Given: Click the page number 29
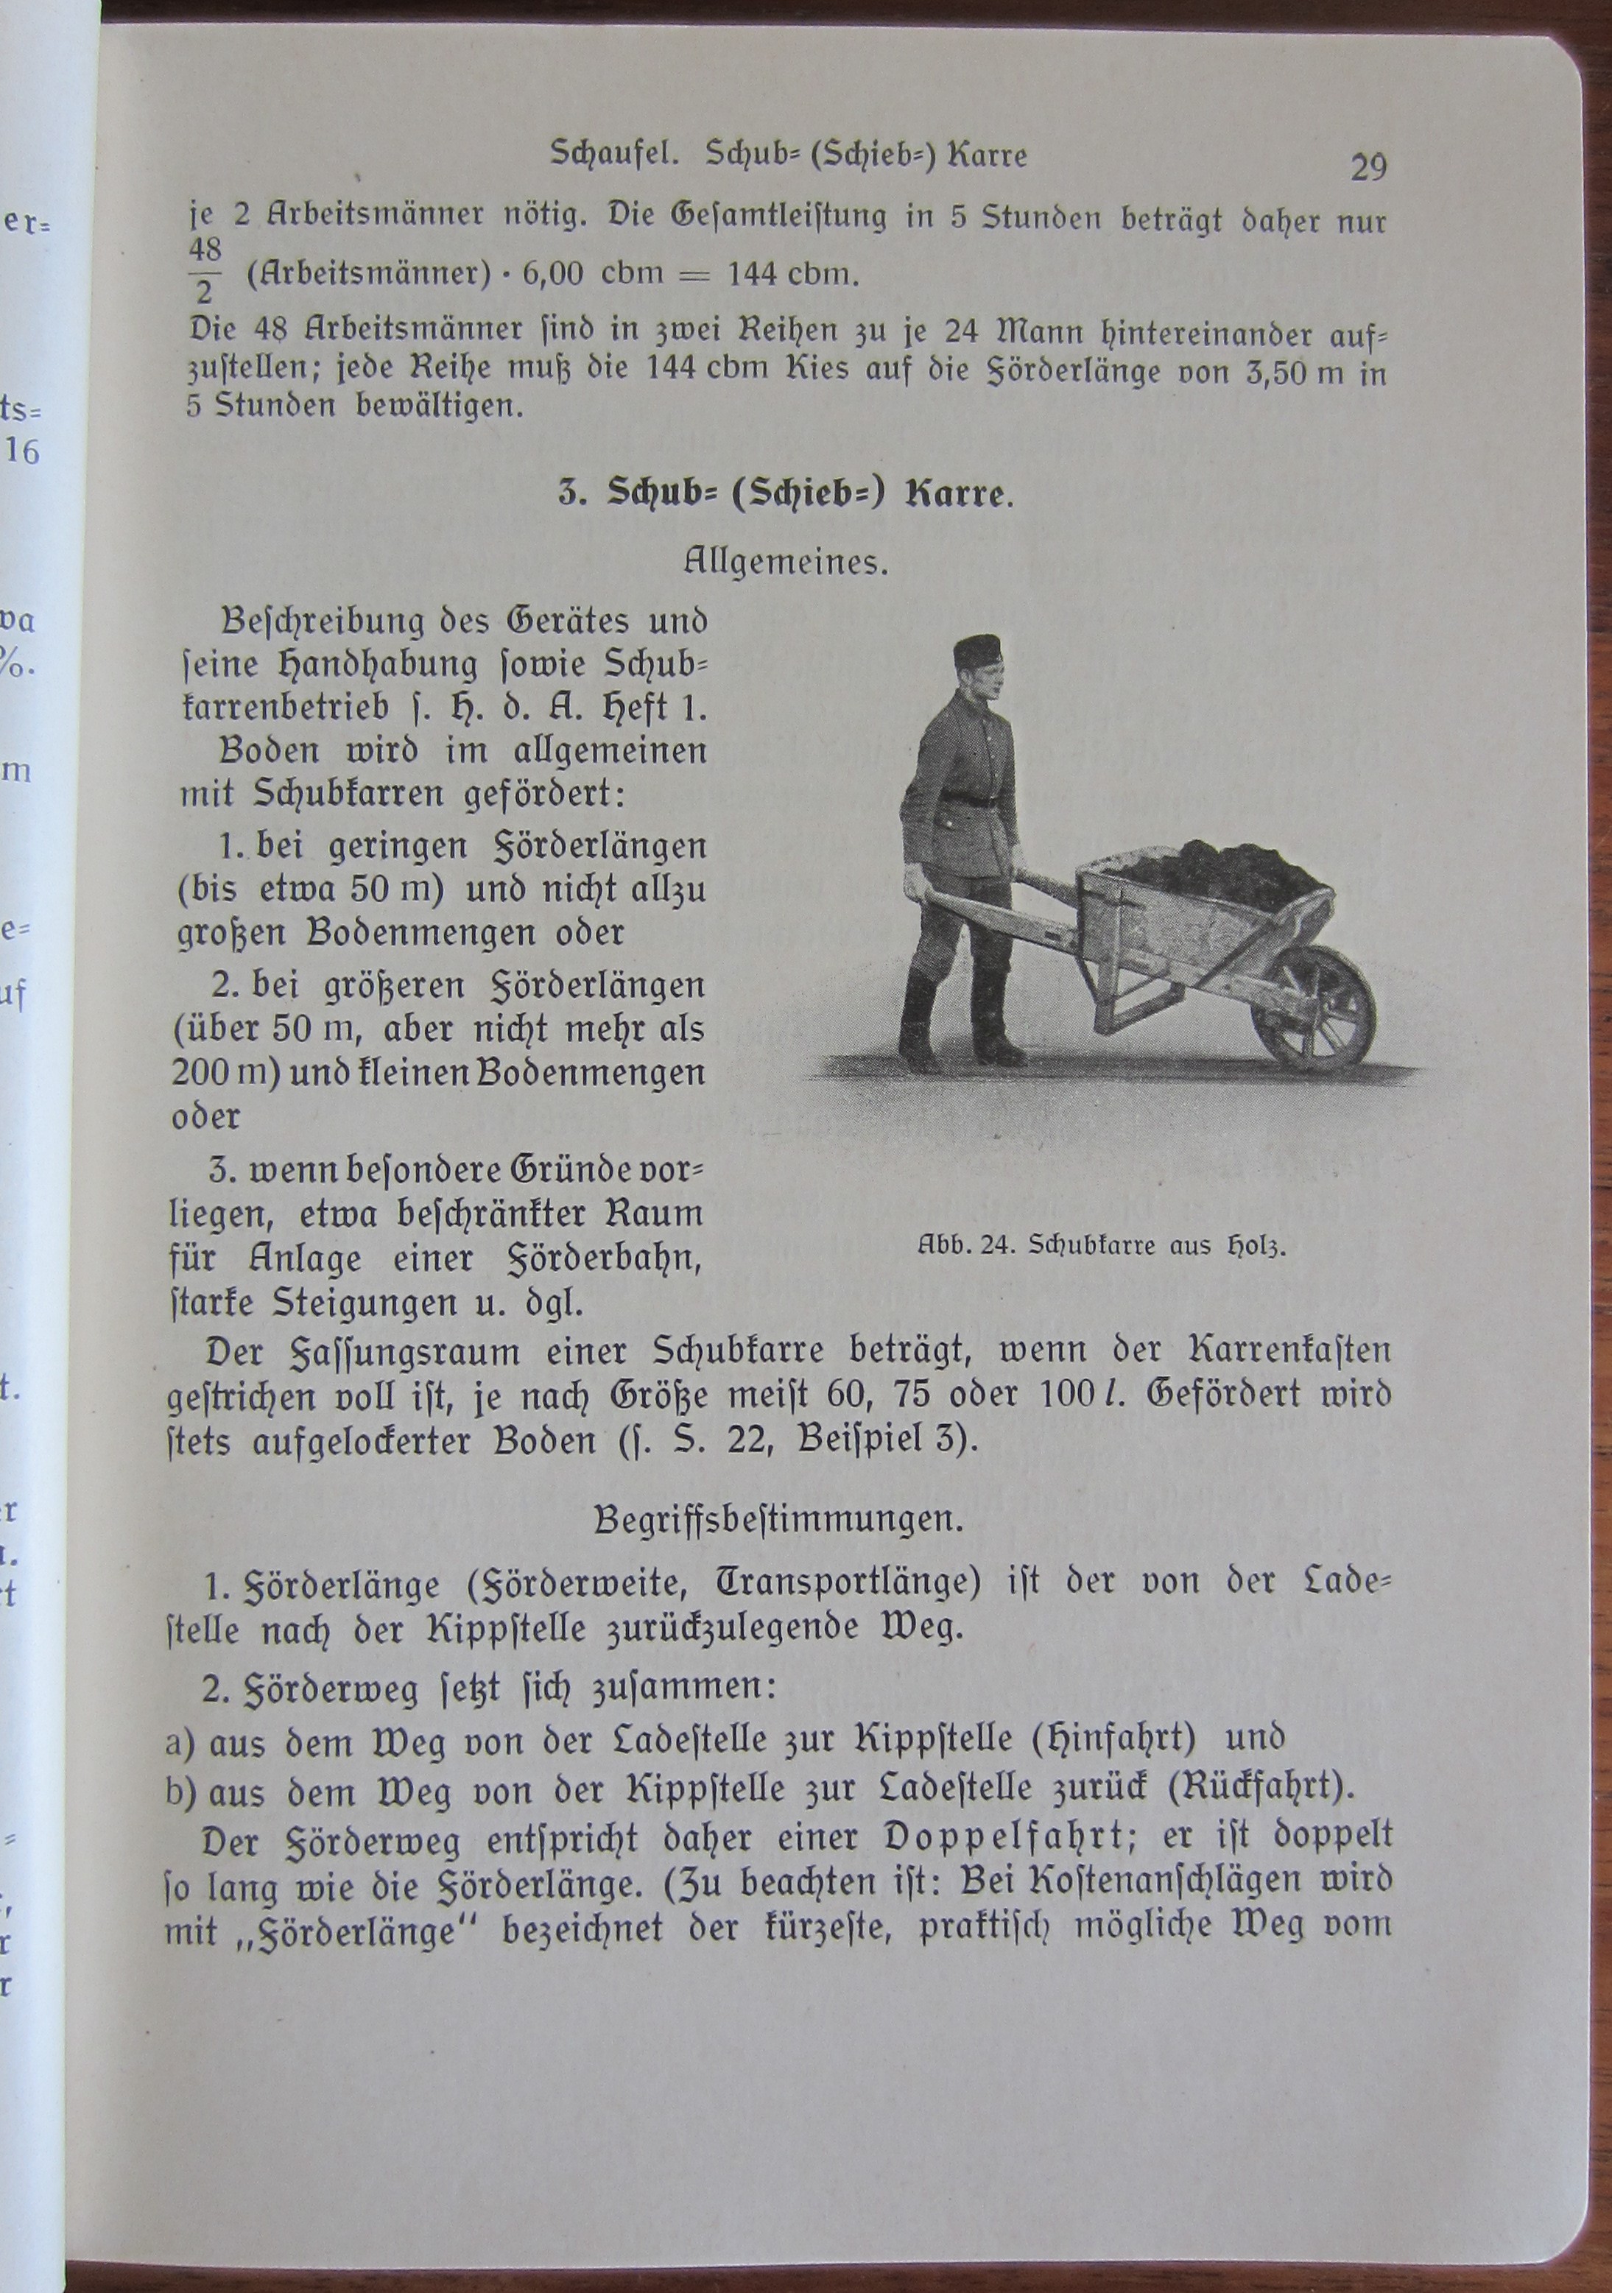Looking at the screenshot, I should (x=1368, y=166).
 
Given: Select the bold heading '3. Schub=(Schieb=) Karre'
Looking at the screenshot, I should (x=785, y=494).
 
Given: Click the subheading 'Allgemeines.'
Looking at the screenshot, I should (x=785, y=563).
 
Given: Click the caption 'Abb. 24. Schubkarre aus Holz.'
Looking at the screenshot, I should (x=1099, y=1247).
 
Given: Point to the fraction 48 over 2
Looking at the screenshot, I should (x=205, y=270).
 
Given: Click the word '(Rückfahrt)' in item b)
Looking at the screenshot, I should (x=1261, y=1786).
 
